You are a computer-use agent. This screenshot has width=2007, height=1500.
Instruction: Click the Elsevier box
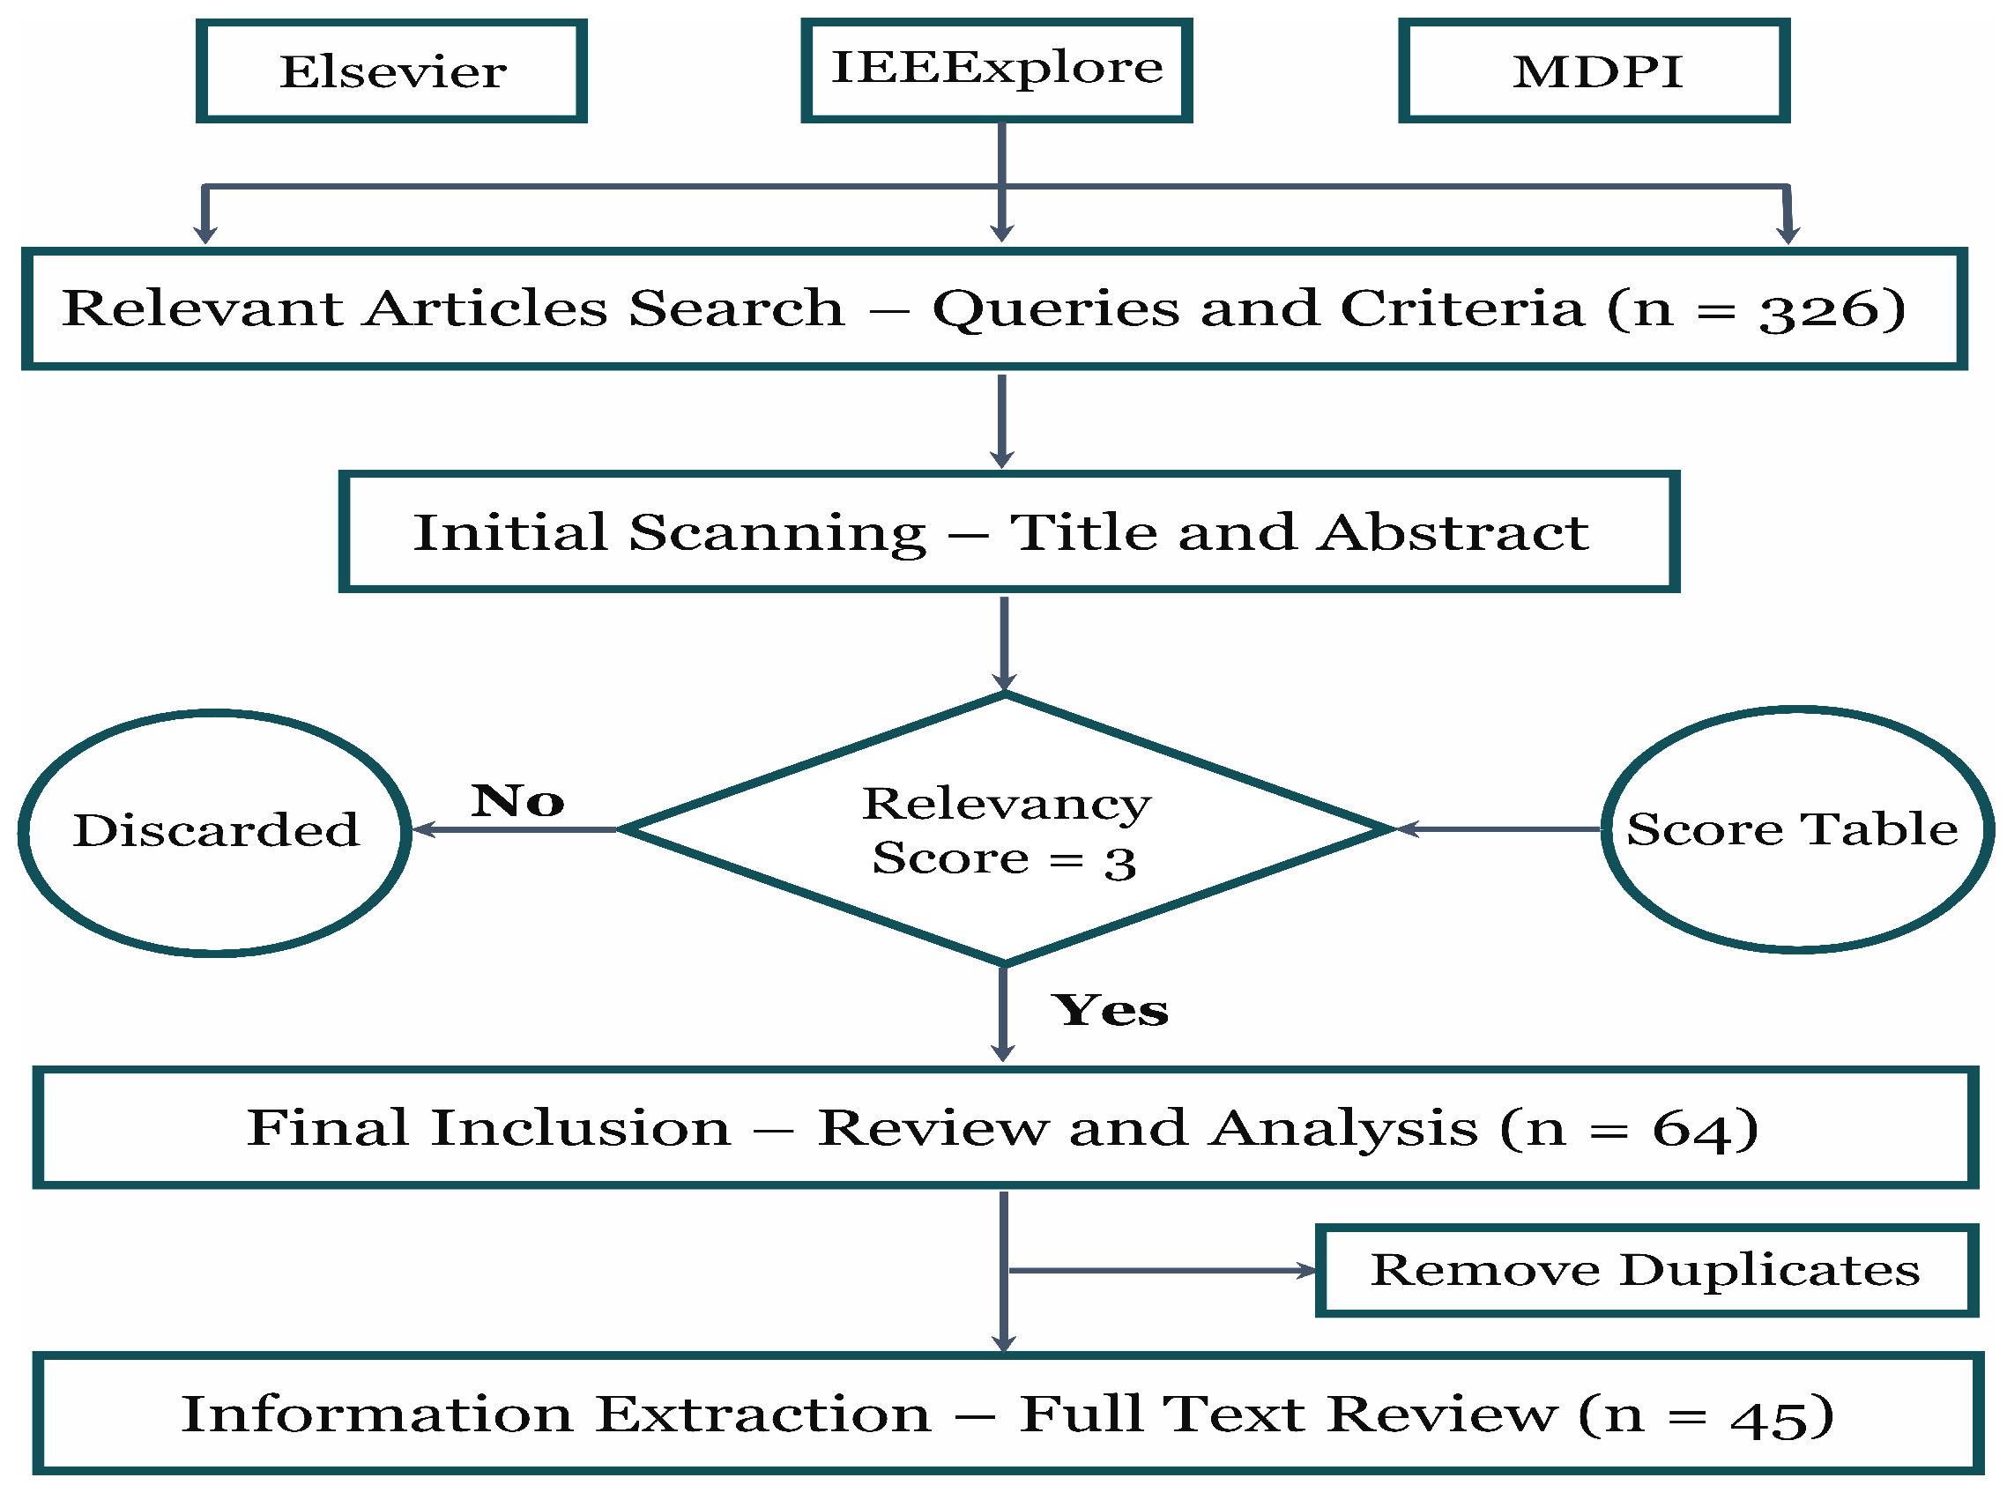[x=391, y=71]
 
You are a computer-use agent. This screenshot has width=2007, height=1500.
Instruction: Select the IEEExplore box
[x=996, y=69]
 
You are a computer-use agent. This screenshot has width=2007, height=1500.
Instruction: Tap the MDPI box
[x=1594, y=71]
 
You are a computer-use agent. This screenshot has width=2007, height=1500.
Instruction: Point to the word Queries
[x=1056, y=310]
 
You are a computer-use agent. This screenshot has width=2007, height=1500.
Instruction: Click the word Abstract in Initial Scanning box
[x=1453, y=532]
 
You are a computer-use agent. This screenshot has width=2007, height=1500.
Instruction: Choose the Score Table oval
[x=1796, y=828]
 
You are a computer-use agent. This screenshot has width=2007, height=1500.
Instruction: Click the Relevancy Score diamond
[x=1005, y=830]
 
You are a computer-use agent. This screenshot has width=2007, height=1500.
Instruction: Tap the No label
[x=517, y=800]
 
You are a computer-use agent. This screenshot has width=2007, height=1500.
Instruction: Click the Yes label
[x=1110, y=1011]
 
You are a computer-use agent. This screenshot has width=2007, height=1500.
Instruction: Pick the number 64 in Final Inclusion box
[x=1691, y=1130]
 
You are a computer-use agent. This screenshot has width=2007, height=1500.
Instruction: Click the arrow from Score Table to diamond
[x=1497, y=828]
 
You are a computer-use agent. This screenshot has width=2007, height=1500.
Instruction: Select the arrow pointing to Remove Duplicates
[x=1162, y=1271]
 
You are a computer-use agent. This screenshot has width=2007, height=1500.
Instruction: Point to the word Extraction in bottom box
[x=764, y=1415]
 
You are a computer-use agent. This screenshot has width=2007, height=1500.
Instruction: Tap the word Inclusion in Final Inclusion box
[x=581, y=1129]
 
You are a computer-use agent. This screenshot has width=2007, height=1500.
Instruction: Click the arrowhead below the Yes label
[x=1002, y=1052]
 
